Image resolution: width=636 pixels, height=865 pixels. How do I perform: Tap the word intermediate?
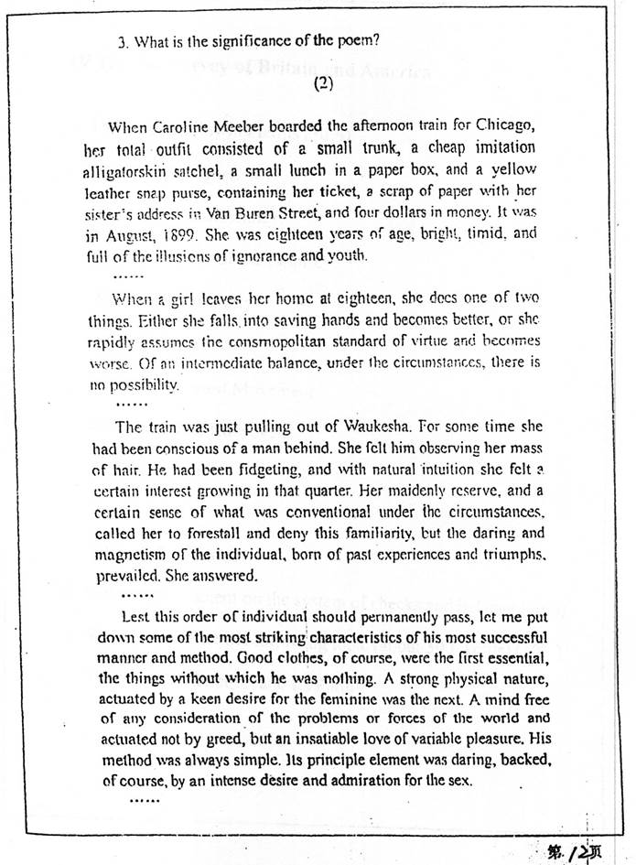[x=203, y=362]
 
